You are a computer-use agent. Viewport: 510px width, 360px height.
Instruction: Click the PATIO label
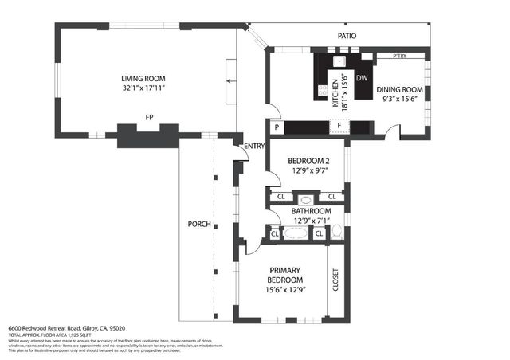(x=347, y=36)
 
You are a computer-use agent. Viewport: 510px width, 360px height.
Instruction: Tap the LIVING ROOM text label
(x=143, y=78)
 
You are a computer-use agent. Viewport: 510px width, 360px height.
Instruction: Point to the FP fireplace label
(x=148, y=117)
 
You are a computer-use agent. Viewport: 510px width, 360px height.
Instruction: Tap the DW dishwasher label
(x=361, y=78)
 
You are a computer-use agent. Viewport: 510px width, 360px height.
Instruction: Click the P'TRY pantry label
(x=401, y=57)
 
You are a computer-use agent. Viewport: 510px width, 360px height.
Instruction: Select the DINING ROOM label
(x=399, y=89)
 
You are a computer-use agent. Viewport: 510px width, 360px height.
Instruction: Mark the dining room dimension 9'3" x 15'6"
(x=399, y=99)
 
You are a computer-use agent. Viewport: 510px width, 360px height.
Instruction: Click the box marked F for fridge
(x=339, y=127)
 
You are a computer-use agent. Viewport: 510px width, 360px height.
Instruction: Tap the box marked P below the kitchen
(x=277, y=127)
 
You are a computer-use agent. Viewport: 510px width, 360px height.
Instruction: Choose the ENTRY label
(x=254, y=146)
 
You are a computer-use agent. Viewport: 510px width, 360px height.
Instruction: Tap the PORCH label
(x=199, y=224)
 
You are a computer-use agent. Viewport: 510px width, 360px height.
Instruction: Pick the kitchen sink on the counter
(x=339, y=61)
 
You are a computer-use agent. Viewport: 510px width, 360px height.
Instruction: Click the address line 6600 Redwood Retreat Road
(x=67, y=328)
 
